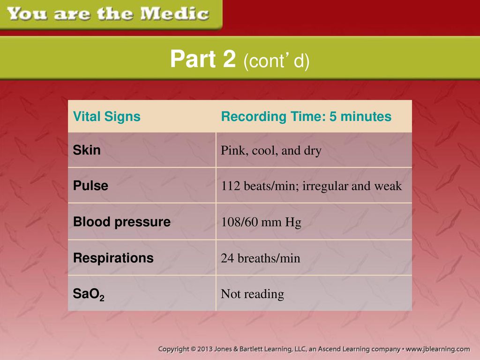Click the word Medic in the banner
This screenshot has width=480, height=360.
click(x=175, y=14)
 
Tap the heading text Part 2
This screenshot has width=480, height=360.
click(x=203, y=59)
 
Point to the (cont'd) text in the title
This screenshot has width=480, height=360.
click(x=277, y=60)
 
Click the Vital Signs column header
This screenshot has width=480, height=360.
click(x=106, y=116)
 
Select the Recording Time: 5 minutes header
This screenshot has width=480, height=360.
click(x=306, y=116)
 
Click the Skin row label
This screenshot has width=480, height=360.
click(x=87, y=150)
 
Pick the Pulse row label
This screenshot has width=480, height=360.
click(x=90, y=186)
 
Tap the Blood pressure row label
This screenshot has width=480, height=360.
click(x=121, y=222)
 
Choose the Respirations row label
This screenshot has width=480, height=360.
click(x=113, y=258)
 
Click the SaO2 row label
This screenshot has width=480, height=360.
click(x=89, y=294)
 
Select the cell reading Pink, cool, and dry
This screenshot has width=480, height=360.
click(x=271, y=150)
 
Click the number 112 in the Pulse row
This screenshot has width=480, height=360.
click(x=231, y=186)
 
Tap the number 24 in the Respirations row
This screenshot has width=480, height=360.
click(x=227, y=258)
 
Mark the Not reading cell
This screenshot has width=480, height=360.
click(x=252, y=294)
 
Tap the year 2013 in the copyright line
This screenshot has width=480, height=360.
click(x=205, y=349)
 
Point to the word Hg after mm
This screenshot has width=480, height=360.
click(x=293, y=223)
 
